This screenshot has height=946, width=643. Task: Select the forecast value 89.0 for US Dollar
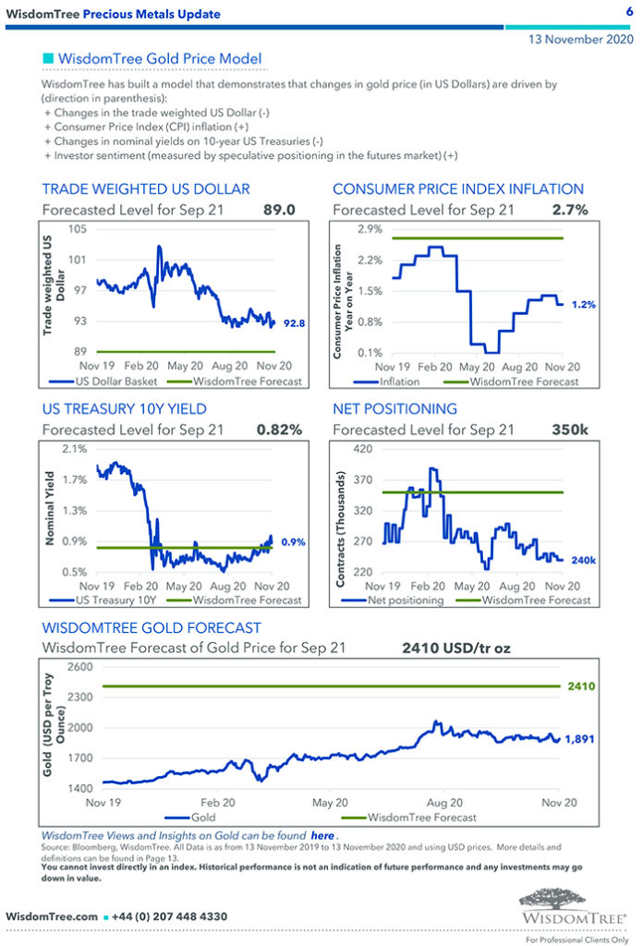coord(279,211)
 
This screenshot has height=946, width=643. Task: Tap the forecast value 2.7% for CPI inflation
coord(570,211)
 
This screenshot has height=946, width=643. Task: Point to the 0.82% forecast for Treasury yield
coord(279,430)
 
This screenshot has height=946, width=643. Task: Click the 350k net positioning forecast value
coord(571,430)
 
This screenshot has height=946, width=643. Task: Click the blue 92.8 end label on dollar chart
coord(294,323)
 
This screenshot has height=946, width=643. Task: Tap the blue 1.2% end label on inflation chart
coord(584,304)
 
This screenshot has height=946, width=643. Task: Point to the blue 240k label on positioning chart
coord(584,560)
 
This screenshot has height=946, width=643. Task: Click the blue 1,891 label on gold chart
coord(578,739)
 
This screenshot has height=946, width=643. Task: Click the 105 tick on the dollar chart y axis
coord(77,229)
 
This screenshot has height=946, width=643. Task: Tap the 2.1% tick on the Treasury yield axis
coord(74,449)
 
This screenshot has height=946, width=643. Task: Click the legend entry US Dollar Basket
coord(120,382)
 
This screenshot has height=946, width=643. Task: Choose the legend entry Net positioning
coord(406,600)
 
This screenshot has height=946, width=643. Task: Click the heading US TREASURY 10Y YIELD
coord(124,408)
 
